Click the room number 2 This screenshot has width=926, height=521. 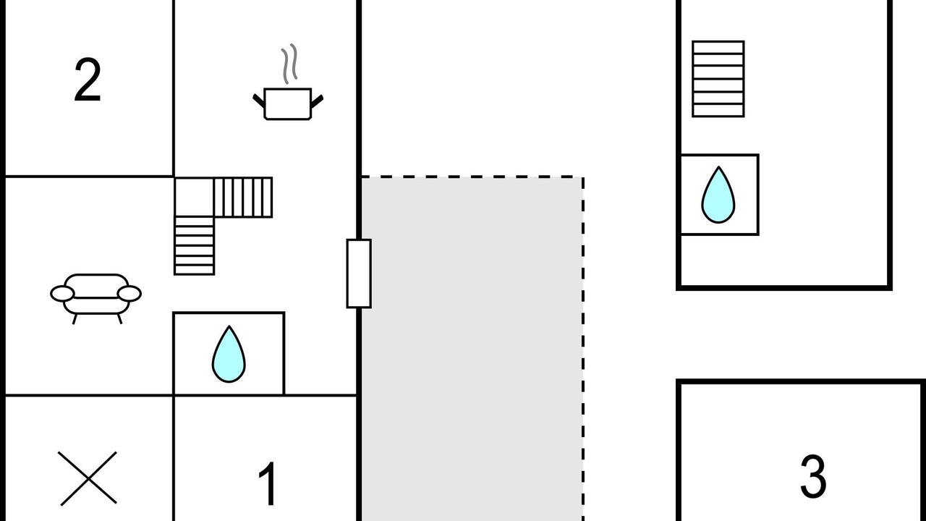point(88,81)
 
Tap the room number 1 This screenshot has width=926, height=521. point(268,483)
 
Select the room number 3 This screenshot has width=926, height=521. point(813,476)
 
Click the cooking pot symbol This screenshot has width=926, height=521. point(288,103)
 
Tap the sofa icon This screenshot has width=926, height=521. point(95,295)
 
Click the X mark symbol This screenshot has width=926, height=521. point(88,478)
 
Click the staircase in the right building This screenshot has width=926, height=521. point(718,79)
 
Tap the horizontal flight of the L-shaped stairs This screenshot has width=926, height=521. point(244,198)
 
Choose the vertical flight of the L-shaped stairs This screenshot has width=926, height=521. point(195,246)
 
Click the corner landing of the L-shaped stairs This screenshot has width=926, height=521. point(195,198)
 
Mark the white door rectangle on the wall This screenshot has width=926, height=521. point(359,274)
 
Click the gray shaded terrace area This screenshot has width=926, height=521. point(472,347)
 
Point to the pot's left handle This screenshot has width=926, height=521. point(258,100)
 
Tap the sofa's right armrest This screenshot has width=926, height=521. point(129,293)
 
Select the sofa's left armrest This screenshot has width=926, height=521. point(62,293)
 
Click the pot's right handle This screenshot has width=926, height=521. point(317,100)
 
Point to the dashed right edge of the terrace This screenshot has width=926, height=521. point(583,347)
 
